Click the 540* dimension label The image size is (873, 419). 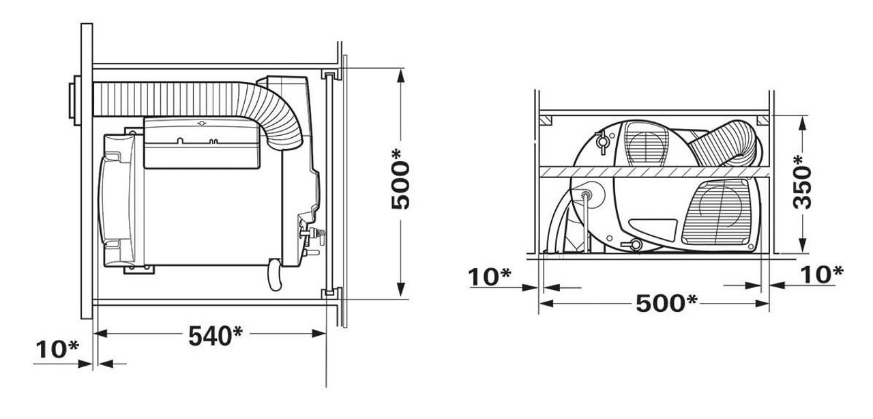pyautogui.click(x=214, y=336)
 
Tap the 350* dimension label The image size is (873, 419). pyautogui.click(x=804, y=182)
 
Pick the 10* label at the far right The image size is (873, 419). pyautogui.click(x=818, y=274)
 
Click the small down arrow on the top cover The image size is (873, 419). pyautogui.click(x=201, y=124)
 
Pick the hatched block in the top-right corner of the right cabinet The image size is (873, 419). pyautogui.click(x=761, y=121)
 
